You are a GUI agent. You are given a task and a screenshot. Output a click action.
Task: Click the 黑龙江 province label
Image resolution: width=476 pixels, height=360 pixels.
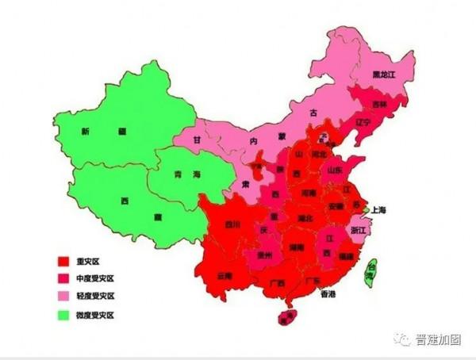click(x=383, y=75)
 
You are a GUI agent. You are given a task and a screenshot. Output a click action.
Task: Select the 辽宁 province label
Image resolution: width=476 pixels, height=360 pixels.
click(x=363, y=123)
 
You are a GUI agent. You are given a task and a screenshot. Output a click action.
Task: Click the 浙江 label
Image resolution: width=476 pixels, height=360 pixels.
click(x=359, y=228)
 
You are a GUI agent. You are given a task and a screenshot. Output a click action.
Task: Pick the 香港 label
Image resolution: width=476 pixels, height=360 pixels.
click(x=328, y=293)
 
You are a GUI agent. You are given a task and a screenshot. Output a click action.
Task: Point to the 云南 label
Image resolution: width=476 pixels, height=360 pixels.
click(x=224, y=276)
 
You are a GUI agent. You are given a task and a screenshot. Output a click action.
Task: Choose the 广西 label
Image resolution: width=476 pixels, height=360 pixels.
click(x=278, y=282)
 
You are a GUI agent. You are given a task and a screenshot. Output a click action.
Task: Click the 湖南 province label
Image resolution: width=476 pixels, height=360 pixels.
click(x=297, y=247)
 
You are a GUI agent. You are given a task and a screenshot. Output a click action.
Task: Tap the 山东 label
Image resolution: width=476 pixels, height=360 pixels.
click(x=335, y=170)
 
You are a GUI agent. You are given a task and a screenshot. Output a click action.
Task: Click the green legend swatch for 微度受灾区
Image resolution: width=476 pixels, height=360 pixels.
click(x=62, y=315)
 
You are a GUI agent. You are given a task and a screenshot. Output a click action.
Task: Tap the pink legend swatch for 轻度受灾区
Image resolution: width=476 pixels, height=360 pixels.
click(x=62, y=297)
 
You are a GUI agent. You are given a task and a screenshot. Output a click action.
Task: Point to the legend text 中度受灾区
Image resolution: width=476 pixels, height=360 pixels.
click(x=96, y=278)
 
